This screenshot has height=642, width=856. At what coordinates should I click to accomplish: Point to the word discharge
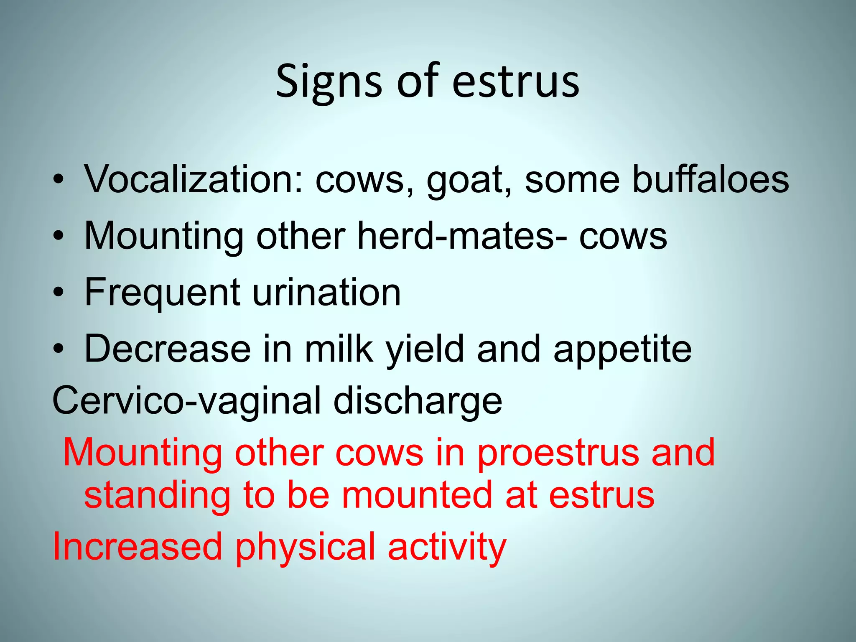pos(418,401)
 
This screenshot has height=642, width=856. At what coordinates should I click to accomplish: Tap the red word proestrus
pos(558,454)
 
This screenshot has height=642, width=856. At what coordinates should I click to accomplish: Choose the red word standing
pos(157,496)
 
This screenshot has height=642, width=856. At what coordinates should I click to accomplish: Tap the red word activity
pos(447,548)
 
